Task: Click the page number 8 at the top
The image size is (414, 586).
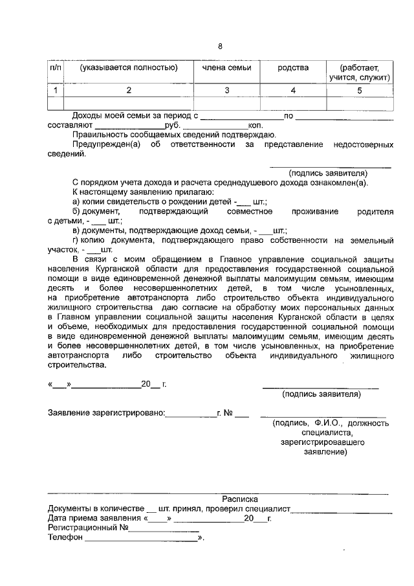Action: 220,47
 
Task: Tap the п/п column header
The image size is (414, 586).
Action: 56,67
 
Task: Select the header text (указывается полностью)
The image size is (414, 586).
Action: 129,67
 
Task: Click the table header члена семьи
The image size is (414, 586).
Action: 226,67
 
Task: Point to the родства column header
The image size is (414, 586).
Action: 293,67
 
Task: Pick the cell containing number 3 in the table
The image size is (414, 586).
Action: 226,90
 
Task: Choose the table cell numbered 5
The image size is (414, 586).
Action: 360,90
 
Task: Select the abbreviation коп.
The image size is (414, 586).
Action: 254,125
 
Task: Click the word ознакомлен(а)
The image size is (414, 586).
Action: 336,183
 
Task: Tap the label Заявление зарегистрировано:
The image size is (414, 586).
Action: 106,412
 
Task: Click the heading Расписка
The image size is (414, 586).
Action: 239,499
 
